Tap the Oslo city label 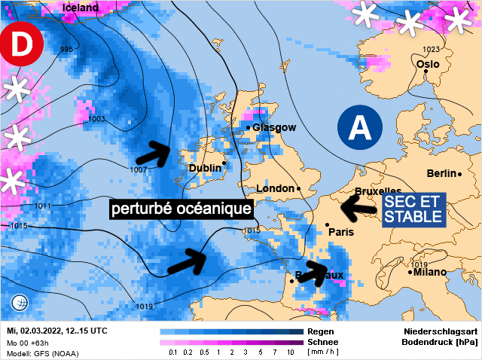(x=427, y=64)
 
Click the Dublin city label (x=205, y=168)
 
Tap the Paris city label (x=341, y=232)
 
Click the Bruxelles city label (x=377, y=191)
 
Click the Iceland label (x=81, y=8)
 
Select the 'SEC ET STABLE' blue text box (x=413, y=209)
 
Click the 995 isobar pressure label (x=67, y=50)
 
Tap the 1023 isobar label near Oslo (x=431, y=50)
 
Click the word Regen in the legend (x=322, y=331)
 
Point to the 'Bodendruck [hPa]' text (x=441, y=342)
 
